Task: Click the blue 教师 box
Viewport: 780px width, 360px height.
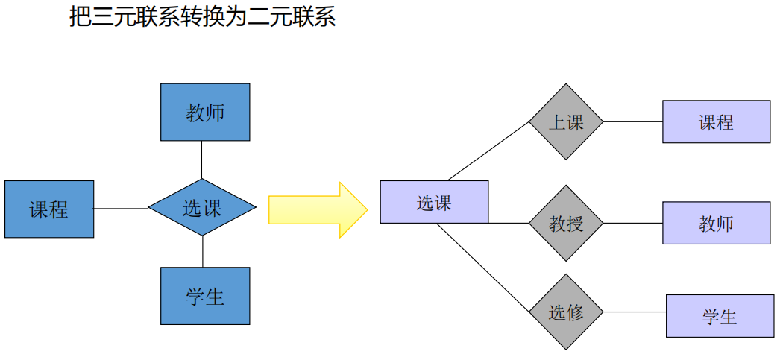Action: point(205,112)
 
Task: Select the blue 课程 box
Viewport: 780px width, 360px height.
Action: point(49,209)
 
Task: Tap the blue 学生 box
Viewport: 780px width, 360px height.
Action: point(205,296)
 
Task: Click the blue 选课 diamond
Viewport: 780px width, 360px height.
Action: point(202,207)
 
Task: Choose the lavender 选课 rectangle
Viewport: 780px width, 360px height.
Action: point(434,202)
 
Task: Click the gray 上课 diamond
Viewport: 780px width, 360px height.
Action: point(566,121)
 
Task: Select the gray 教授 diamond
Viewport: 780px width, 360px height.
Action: point(566,223)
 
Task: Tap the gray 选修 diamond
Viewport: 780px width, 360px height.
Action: point(566,312)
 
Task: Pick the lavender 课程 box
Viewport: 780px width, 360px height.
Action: point(716,121)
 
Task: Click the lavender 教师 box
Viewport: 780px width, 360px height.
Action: point(716,223)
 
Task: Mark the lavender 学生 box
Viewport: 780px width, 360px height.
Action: point(719,316)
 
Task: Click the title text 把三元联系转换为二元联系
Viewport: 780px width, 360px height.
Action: point(202,16)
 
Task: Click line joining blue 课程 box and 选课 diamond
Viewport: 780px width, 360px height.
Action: point(121,209)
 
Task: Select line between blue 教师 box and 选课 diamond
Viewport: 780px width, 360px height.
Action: point(202,160)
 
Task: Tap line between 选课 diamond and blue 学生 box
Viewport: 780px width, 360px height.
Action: point(202,251)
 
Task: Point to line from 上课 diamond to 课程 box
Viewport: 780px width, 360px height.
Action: point(632,121)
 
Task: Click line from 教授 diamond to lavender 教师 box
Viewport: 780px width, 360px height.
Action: point(632,223)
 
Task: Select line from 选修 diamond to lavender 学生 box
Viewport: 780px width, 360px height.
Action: point(634,312)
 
